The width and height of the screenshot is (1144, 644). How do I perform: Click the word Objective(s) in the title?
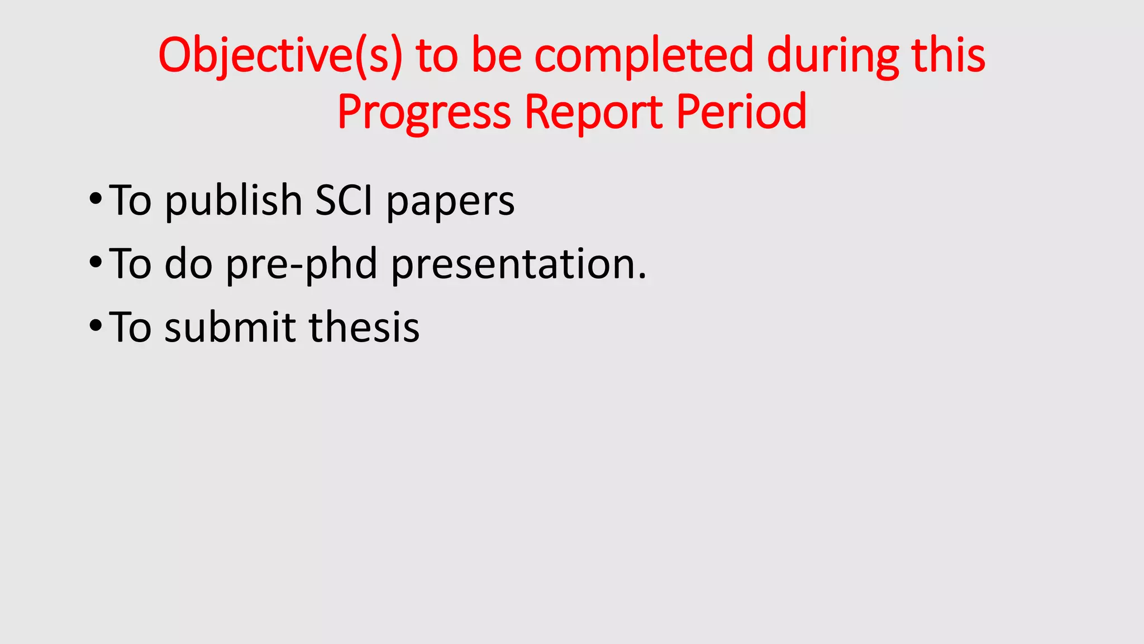280,56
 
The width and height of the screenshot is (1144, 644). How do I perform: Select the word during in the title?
832,56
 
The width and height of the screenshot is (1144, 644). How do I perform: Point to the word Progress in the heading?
424,112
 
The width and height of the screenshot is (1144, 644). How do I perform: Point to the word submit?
230,327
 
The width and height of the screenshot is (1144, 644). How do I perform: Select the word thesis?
364,327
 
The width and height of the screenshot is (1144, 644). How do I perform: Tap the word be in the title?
497,56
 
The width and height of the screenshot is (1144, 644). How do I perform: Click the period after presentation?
642,276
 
